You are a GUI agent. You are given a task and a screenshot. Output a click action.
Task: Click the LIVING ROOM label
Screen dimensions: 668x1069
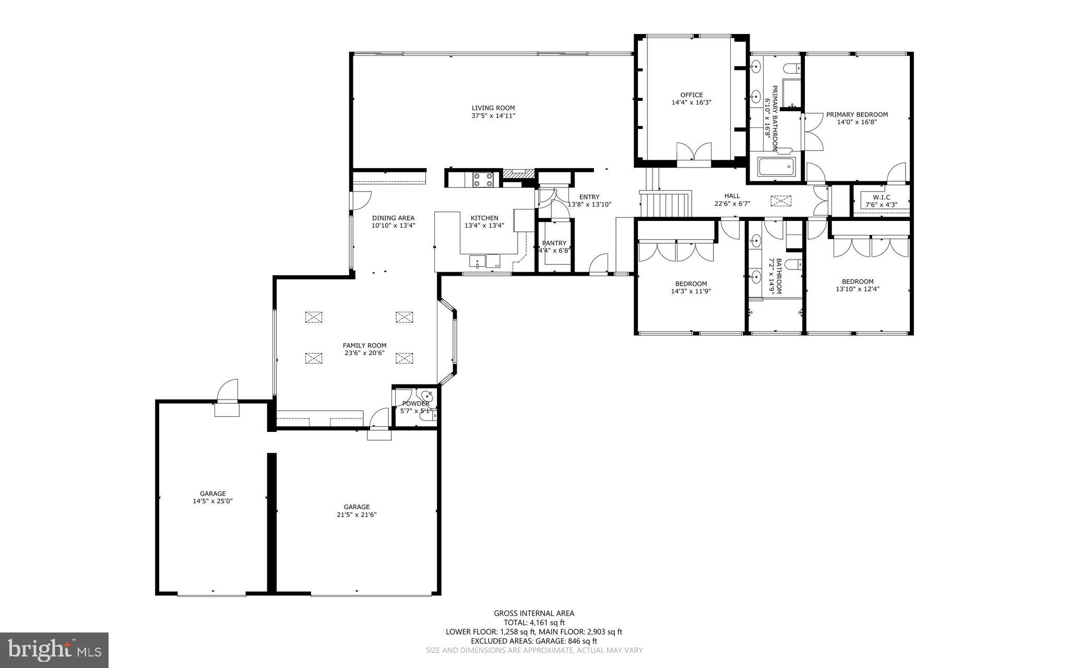493,108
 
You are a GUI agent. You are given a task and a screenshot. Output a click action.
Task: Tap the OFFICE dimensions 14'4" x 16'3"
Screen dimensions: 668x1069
691,103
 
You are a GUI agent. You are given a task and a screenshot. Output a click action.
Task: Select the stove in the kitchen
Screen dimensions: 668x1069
483,180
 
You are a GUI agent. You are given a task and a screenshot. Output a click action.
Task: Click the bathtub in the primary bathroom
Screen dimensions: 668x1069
776,168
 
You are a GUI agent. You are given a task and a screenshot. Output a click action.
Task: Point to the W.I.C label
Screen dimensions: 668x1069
881,197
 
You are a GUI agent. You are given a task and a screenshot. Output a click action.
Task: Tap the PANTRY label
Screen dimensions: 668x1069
554,243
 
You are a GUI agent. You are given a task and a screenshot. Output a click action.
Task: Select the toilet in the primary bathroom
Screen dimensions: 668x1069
791,68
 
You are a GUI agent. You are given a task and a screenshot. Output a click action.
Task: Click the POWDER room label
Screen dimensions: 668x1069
415,403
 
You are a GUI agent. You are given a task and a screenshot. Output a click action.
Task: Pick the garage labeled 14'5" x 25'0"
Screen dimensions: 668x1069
212,497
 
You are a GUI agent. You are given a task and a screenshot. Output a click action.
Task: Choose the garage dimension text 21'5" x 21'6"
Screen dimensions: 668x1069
357,514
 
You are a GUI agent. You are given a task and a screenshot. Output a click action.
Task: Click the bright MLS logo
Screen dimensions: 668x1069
54,650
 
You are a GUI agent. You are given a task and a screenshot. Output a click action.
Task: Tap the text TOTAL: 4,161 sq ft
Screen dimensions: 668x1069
534,623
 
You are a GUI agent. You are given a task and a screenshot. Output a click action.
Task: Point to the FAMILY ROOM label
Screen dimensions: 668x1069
364,345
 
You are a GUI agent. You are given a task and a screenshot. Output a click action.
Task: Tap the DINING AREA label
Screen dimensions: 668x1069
393,218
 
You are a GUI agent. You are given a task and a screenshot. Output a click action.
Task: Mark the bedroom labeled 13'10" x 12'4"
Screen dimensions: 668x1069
857,285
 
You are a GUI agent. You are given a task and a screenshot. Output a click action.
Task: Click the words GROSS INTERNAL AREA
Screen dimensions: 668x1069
534,613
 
